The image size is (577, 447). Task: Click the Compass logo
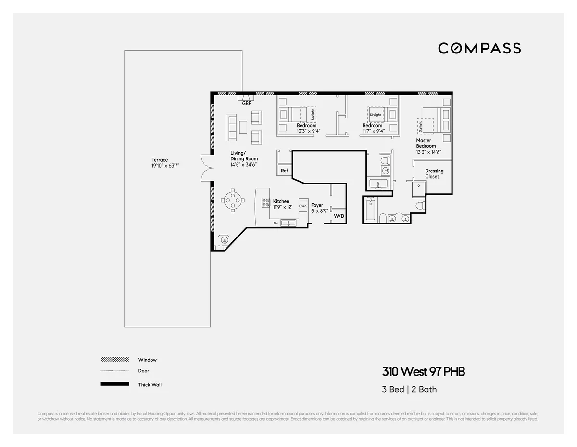(479, 48)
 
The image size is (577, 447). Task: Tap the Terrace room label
(160, 160)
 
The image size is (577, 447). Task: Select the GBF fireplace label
(247, 103)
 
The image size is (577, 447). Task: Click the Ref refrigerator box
(285, 171)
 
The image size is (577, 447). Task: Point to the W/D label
(339, 216)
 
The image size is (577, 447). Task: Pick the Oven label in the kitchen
(302, 206)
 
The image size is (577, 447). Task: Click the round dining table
(233, 199)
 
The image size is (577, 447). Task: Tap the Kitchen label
(281, 201)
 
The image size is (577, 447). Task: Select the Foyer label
(317, 205)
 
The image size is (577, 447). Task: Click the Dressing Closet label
(434, 174)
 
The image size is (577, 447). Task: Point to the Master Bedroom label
(426, 143)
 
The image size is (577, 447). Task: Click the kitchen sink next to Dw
(288, 223)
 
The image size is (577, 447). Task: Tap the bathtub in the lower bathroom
(370, 210)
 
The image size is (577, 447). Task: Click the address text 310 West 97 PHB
(423, 372)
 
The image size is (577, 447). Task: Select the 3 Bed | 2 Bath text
(409, 389)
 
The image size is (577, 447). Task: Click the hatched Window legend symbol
(115, 360)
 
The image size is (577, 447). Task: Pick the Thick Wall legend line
(115, 384)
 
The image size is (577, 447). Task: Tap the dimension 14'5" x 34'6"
(244, 165)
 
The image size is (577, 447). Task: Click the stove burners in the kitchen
(265, 202)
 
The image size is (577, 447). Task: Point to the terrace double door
(206, 167)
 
